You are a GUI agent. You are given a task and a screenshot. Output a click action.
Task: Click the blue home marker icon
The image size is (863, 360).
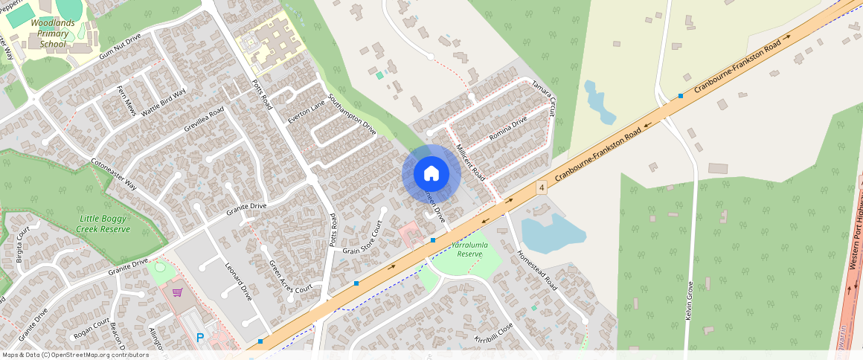tap(431, 174)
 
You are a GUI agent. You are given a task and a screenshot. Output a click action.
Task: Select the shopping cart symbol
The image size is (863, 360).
tap(177, 292)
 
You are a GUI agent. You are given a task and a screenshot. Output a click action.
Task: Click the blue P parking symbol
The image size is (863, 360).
tap(200, 338)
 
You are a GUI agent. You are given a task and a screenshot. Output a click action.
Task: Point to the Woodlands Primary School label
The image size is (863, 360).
tap(54, 33)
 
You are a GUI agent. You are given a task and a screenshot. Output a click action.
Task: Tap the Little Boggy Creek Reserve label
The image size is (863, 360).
tap(105, 224)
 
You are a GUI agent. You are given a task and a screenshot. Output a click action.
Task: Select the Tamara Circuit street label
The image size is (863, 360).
tap(544, 97)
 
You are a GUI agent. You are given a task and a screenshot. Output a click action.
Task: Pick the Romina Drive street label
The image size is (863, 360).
tap(508, 129)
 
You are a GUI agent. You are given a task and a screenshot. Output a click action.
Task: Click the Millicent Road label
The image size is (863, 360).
tap(470, 163)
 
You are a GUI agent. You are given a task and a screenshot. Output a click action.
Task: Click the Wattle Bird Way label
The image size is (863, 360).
tap(164, 101)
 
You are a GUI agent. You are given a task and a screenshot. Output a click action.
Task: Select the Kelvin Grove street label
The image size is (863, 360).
tap(688, 299)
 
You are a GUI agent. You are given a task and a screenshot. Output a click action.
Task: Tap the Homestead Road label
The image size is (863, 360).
tap(537, 270)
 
